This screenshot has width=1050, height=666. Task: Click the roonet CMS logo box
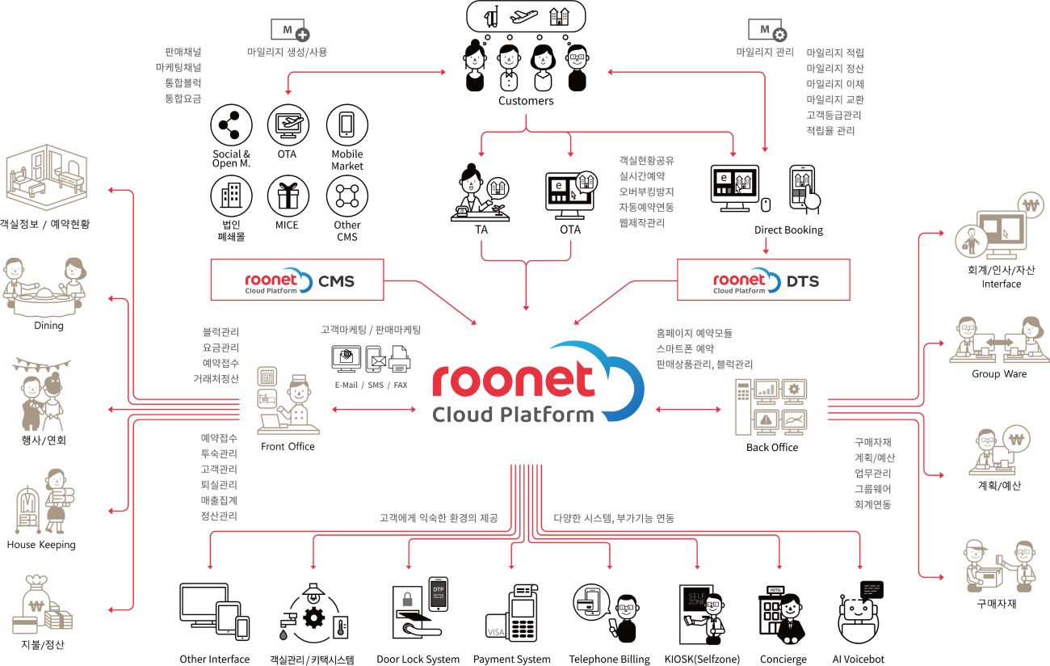pyautogui.click(x=296, y=280)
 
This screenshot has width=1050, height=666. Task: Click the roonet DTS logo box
pyautogui.click(x=763, y=280)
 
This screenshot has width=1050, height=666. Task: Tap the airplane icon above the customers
pyautogui.click(x=526, y=16)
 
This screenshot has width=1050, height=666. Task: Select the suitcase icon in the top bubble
pyautogui.click(x=491, y=16)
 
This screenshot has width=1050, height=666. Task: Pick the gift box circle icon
pyautogui.click(x=289, y=195)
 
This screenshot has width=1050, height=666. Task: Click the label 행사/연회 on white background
pyautogui.click(x=44, y=441)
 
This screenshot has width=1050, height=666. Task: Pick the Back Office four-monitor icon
pyautogui.click(x=771, y=407)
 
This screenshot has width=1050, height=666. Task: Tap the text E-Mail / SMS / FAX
pyautogui.click(x=372, y=386)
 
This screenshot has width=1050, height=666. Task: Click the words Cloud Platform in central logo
pyautogui.click(x=512, y=415)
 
